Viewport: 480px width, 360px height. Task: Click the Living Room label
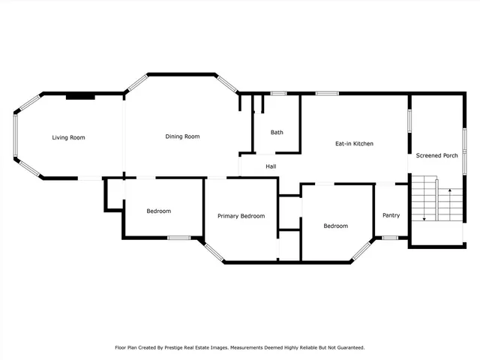(x=68, y=137)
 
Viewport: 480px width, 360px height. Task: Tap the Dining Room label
(x=182, y=136)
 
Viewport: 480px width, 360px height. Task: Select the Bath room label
(x=277, y=133)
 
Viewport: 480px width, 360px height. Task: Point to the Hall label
(x=271, y=166)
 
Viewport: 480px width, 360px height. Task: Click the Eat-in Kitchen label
(x=354, y=143)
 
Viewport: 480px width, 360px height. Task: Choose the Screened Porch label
(x=437, y=155)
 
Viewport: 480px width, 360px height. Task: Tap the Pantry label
(x=391, y=215)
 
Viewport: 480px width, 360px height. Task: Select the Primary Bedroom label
(x=241, y=216)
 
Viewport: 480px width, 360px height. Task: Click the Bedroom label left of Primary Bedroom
(x=158, y=211)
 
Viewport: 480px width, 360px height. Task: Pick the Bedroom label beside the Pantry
(x=335, y=226)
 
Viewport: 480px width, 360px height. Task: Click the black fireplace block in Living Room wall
(x=80, y=96)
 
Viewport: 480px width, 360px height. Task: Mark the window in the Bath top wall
(x=278, y=93)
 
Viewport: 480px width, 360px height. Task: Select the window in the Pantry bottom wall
(x=390, y=238)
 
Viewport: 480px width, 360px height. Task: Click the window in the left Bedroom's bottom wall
(x=178, y=238)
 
